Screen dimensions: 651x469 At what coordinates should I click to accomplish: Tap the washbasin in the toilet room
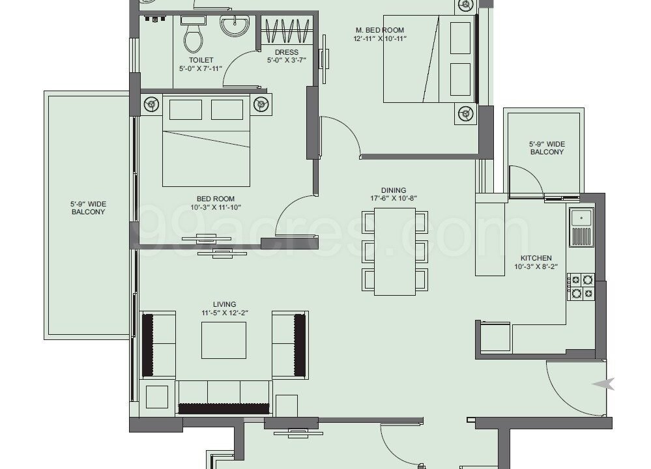click(235, 26)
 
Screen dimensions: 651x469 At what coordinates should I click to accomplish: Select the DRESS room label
click(287, 52)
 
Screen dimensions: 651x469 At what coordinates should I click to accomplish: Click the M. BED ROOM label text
click(379, 30)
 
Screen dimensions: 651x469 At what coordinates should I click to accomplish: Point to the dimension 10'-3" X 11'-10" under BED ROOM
click(216, 207)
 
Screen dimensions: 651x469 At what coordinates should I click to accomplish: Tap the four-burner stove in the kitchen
click(582, 287)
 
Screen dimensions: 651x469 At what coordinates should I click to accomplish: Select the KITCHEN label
click(536, 258)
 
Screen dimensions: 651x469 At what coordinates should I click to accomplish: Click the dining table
click(395, 251)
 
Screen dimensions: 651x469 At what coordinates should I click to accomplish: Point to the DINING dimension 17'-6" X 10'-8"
click(394, 199)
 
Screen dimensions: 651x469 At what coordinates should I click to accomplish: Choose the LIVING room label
click(225, 304)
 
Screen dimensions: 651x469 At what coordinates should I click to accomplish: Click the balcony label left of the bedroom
click(88, 208)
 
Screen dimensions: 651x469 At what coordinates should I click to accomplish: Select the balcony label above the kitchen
click(547, 148)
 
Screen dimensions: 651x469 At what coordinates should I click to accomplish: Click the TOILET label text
click(201, 60)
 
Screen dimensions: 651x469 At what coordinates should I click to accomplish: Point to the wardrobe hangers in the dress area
click(288, 31)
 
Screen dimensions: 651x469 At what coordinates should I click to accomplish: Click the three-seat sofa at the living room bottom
click(224, 397)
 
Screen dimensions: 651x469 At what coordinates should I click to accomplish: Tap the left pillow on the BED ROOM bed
click(186, 109)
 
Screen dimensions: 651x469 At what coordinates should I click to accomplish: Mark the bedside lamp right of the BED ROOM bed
click(261, 104)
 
